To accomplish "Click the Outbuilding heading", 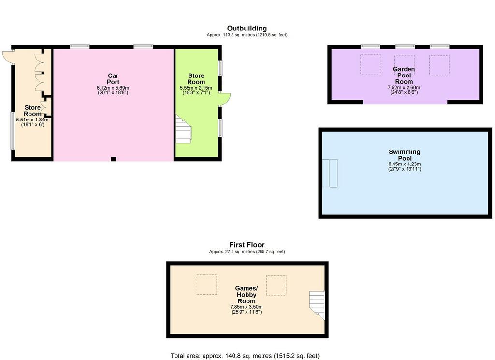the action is click(247, 29).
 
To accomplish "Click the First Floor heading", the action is click(247, 245).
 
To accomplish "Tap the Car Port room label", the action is click(113, 79).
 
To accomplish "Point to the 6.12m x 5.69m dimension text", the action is click(113, 88).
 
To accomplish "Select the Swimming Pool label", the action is click(405, 155).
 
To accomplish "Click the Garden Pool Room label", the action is click(404, 75).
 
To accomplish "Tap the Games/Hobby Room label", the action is click(247, 295).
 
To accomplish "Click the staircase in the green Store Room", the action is click(183, 129).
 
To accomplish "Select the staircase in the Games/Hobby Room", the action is click(317, 305).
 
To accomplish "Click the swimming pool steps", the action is click(330, 173).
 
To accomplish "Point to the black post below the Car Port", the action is click(113, 159).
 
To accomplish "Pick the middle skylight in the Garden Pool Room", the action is click(405, 65).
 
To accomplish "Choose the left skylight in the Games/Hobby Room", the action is click(207, 285).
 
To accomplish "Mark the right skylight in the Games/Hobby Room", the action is click(276, 285).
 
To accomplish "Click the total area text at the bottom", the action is click(245, 356).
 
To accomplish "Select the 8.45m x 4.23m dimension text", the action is click(405, 164).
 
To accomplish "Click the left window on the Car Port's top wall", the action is click(80, 47).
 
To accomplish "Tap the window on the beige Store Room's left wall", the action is click(13, 131).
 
